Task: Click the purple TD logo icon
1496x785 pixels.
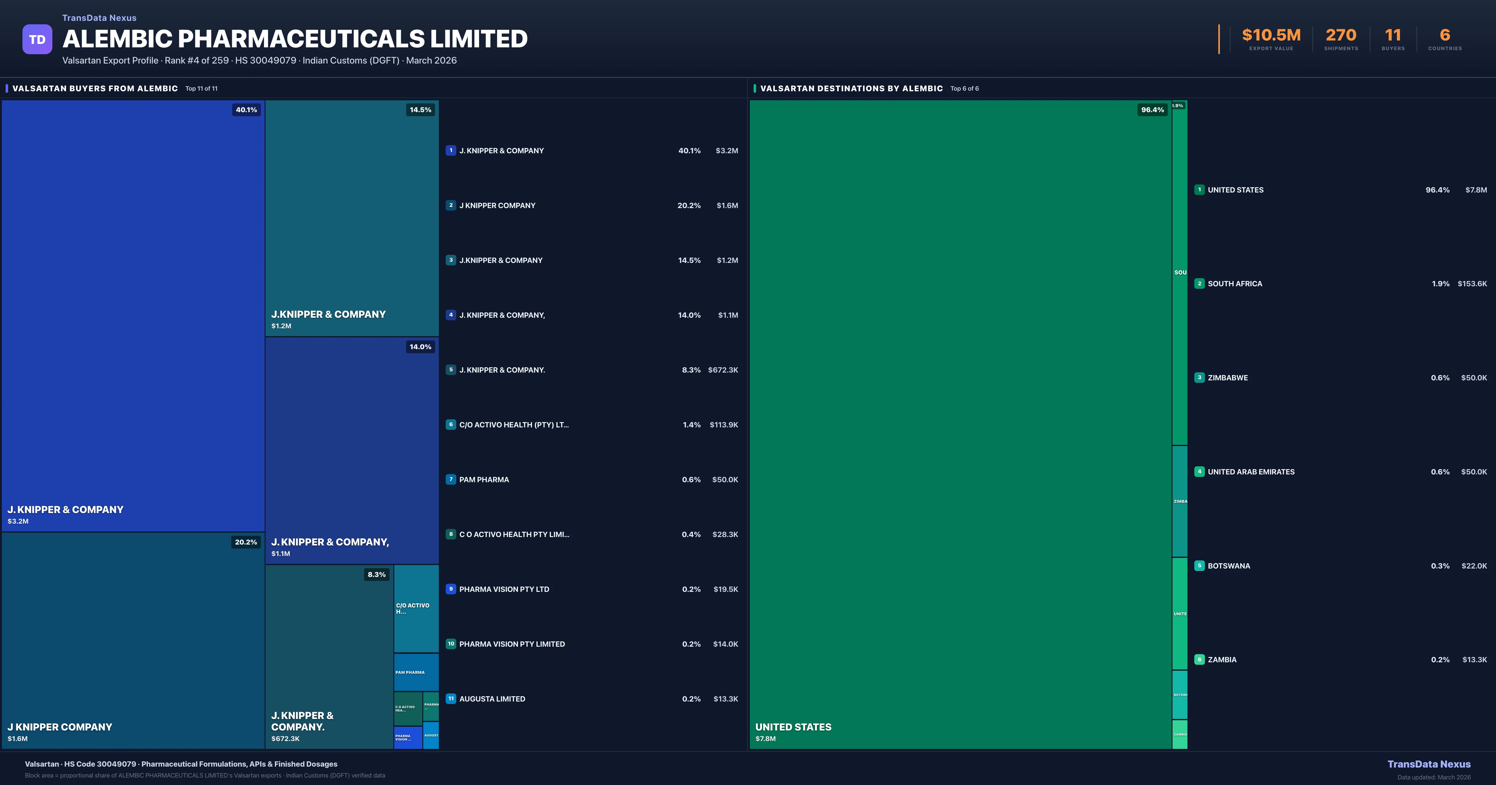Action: point(37,40)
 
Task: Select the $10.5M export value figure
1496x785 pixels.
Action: point(1271,36)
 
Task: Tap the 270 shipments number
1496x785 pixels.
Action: point(1340,36)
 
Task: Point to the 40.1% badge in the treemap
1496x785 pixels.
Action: point(246,110)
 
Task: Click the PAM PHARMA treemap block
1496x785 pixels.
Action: point(416,672)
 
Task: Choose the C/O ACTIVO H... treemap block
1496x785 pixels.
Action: point(416,608)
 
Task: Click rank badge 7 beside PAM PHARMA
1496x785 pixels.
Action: point(451,480)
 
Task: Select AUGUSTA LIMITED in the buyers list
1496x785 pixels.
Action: point(492,699)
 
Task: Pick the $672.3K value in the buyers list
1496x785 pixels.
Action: point(723,370)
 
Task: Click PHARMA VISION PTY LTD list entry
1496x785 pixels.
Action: point(504,589)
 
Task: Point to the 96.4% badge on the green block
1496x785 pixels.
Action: point(1152,110)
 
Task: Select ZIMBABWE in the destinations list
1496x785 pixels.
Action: point(1228,378)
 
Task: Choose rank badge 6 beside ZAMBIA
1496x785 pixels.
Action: point(1199,659)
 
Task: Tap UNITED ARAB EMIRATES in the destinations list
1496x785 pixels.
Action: point(1251,472)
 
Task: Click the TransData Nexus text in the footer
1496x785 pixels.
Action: point(1429,764)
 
